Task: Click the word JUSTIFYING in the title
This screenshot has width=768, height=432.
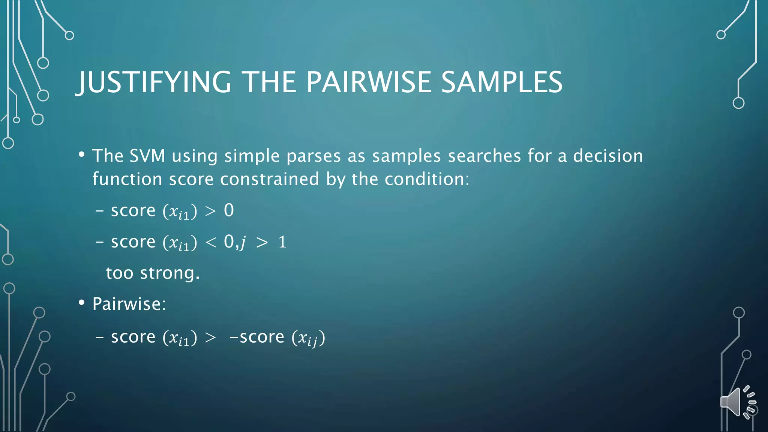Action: [x=154, y=82]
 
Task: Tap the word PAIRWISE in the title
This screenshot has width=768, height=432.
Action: [x=369, y=82]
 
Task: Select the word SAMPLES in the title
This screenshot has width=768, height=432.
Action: [x=501, y=82]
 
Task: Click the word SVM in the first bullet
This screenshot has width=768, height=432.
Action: [x=147, y=156]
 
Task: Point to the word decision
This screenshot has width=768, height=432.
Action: [x=608, y=156]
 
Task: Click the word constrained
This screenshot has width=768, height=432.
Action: [x=269, y=179]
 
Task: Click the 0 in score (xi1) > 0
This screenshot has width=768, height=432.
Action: [x=229, y=210]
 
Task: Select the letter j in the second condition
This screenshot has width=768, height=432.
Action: [x=243, y=243]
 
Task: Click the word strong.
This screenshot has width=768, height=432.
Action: [x=169, y=273]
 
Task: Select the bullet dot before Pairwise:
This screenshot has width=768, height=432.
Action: [x=81, y=303]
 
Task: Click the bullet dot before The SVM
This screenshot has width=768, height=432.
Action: [x=81, y=154]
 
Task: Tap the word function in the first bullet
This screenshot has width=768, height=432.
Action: [x=127, y=179]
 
